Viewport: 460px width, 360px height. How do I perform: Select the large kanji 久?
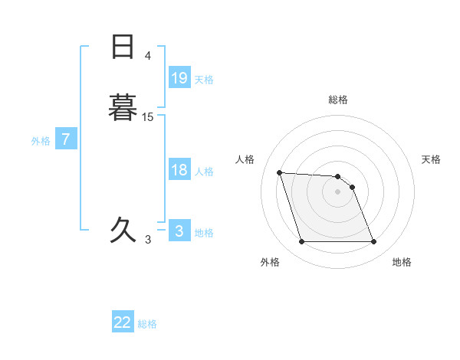point(123,229)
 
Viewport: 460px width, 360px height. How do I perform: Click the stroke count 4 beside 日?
point(148,56)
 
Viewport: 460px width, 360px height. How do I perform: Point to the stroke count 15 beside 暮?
point(148,116)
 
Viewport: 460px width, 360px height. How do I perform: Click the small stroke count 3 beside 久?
point(148,240)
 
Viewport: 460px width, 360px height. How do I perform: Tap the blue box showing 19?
point(179,77)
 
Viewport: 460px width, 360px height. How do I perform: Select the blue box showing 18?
point(179,170)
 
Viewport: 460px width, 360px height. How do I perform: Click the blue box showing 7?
point(67,139)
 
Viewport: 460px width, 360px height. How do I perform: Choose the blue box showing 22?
point(123,322)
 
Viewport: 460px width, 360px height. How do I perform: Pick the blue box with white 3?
point(179,231)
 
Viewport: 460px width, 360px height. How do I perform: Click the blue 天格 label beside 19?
point(204,79)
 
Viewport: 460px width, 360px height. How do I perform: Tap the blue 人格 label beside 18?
point(204,172)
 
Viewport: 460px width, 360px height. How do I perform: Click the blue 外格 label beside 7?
point(41,141)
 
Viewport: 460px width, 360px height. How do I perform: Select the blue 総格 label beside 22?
point(147,324)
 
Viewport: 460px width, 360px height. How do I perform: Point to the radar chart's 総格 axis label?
point(338,100)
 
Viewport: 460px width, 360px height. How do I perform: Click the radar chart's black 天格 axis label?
point(432,159)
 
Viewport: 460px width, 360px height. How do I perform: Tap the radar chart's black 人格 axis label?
point(245,159)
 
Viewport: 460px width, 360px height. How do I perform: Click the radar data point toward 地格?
point(373,242)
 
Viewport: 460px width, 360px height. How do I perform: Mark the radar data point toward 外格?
point(301,242)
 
